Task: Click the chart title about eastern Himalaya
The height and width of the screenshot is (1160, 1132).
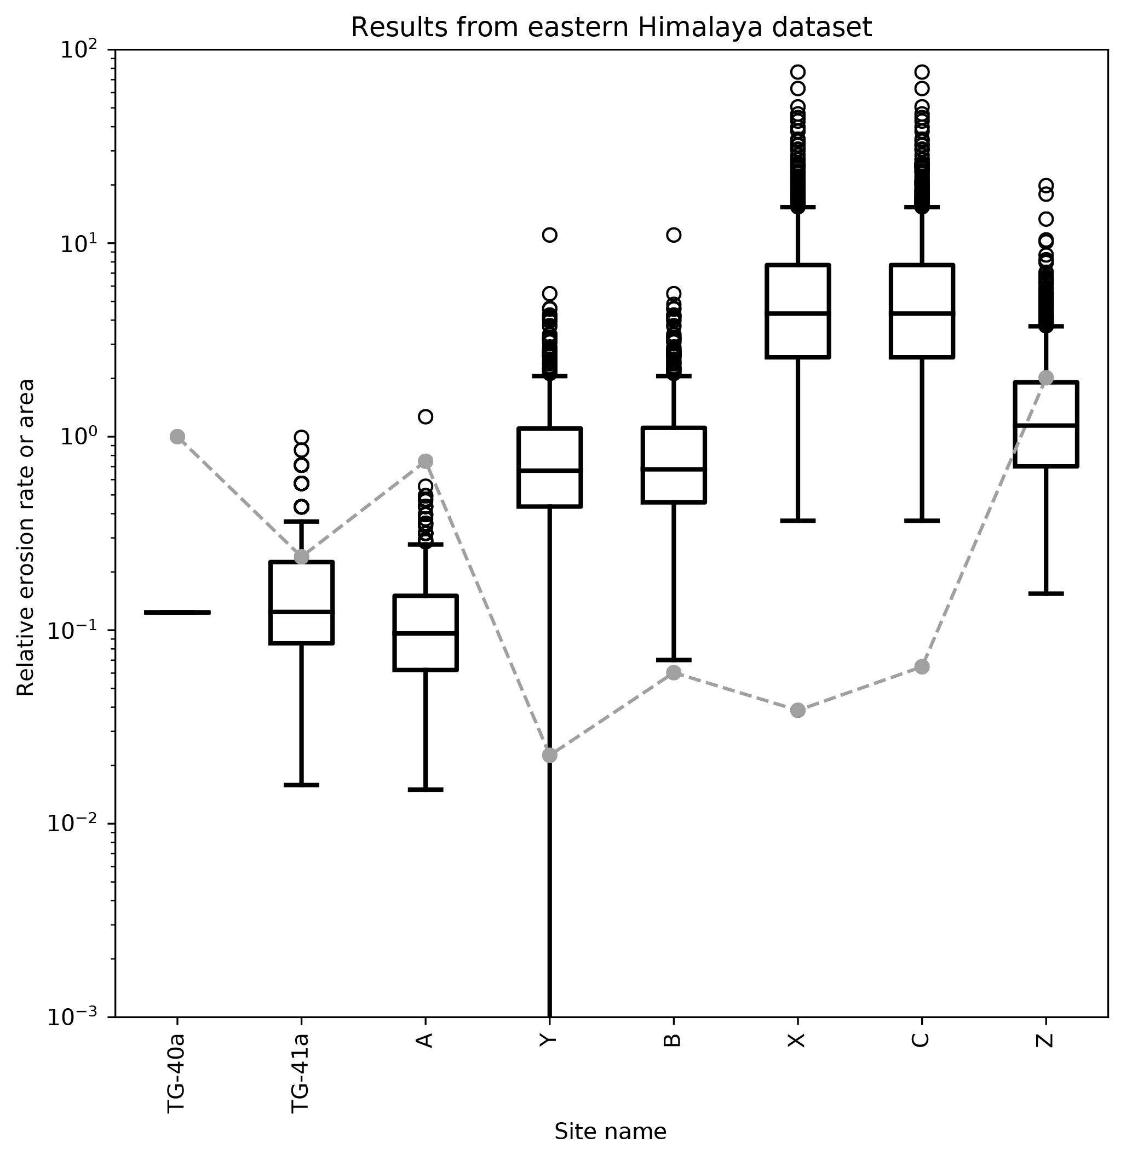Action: point(611,28)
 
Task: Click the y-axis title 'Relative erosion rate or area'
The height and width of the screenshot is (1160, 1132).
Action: point(26,537)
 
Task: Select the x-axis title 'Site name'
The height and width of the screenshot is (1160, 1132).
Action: point(611,1132)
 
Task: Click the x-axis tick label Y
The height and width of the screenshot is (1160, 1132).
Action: point(549,1039)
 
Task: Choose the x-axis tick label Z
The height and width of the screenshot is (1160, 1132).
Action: point(1045,1039)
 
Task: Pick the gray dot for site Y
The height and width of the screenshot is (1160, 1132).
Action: point(550,756)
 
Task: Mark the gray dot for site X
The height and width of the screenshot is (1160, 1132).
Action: point(798,710)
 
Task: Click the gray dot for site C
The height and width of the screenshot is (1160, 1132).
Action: point(922,667)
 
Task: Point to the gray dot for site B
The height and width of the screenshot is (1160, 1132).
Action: point(674,673)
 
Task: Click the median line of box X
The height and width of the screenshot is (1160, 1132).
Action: point(798,313)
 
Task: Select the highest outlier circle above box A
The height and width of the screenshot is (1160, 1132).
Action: point(426,416)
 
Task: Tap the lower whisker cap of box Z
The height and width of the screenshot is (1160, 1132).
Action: point(1046,593)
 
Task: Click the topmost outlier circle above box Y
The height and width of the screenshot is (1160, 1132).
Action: point(549,235)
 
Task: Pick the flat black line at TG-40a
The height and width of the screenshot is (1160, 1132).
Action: point(177,612)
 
